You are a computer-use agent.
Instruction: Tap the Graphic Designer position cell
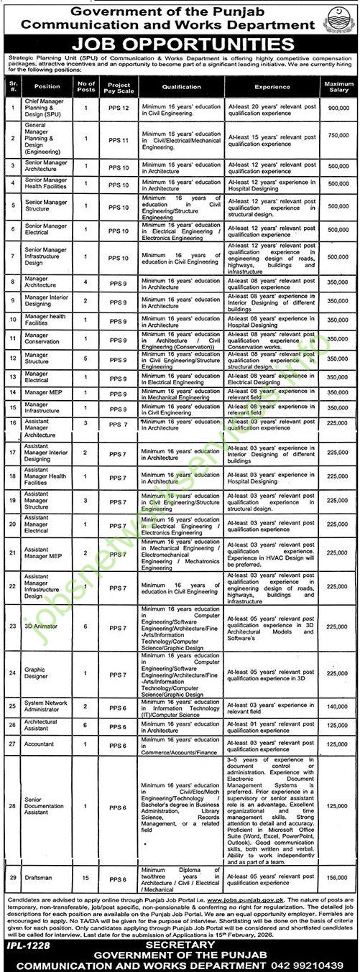tap(36, 673)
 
